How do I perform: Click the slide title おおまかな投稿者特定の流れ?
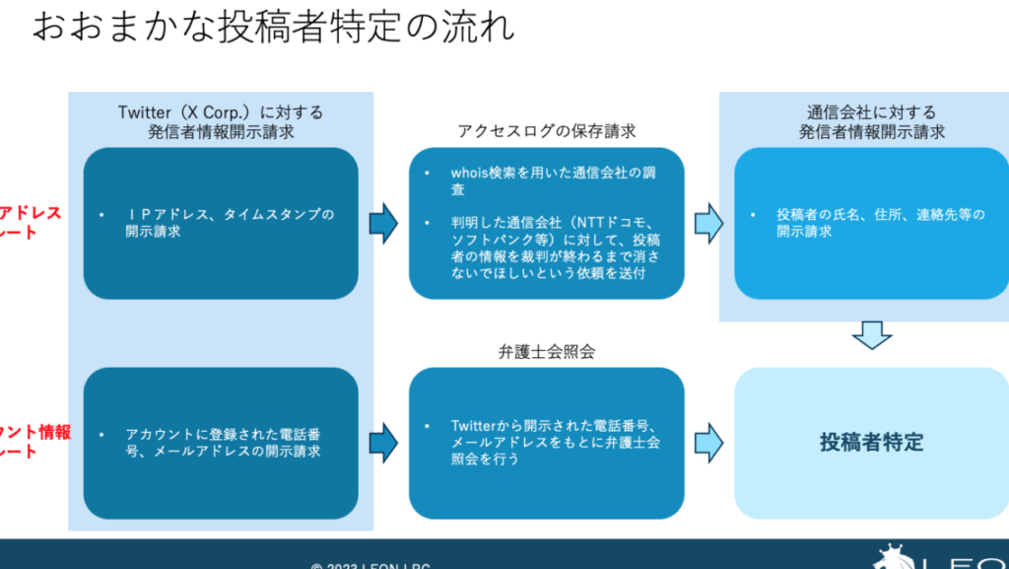tap(274, 26)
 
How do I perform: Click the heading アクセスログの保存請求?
tap(546, 131)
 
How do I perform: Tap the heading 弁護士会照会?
tap(546, 351)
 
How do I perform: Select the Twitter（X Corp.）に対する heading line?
tap(220, 112)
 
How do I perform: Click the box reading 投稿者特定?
tap(871, 442)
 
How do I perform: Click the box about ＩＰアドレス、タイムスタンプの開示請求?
tap(221, 223)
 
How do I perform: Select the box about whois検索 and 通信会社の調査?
tap(546, 223)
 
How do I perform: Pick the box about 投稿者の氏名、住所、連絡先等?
tap(871, 223)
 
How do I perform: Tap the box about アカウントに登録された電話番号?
tap(221, 443)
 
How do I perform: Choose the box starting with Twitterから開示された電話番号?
tap(546, 443)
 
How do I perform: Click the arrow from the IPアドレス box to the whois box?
tap(383, 224)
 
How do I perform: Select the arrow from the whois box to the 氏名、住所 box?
tap(708, 224)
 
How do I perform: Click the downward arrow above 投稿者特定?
tap(871, 335)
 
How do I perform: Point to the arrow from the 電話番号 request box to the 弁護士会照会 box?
tap(383, 443)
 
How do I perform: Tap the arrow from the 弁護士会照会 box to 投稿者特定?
tap(708, 443)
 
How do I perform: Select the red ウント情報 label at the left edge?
tap(34, 432)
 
